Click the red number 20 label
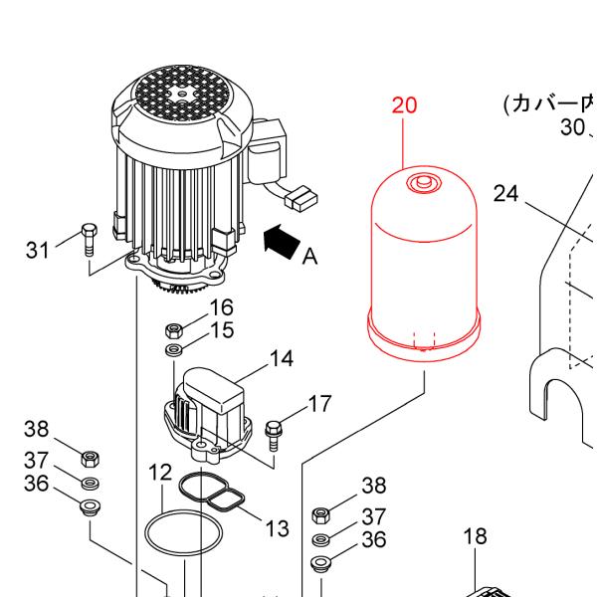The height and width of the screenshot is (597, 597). click(x=405, y=106)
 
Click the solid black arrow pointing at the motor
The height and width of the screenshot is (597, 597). click(x=281, y=240)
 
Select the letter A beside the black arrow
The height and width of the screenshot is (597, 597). click(x=309, y=257)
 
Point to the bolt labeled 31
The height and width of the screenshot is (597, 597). click(x=88, y=237)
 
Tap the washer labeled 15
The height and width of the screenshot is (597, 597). click(x=173, y=350)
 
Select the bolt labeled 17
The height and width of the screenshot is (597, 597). click(x=275, y=431)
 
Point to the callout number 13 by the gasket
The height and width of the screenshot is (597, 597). click(x=277, y=527)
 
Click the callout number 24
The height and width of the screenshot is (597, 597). click(x=506, y=193)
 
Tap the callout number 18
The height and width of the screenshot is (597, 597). click(x=476, y=537)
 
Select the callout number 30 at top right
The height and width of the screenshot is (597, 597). click(x=572, y=126)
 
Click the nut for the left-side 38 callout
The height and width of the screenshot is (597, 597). click(x=89, y=459)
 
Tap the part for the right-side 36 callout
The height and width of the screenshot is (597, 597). click(x=320, y=564)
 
